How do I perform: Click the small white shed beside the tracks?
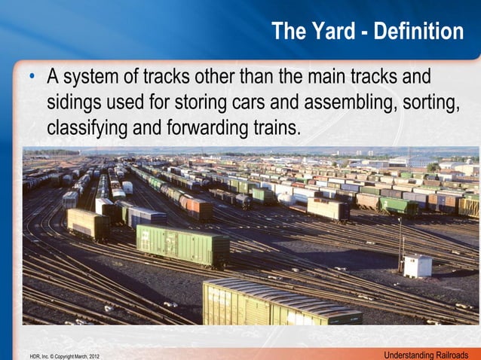coord(417,265)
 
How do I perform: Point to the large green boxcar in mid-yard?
coord(182,245)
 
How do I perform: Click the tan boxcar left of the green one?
coord(87,224)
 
